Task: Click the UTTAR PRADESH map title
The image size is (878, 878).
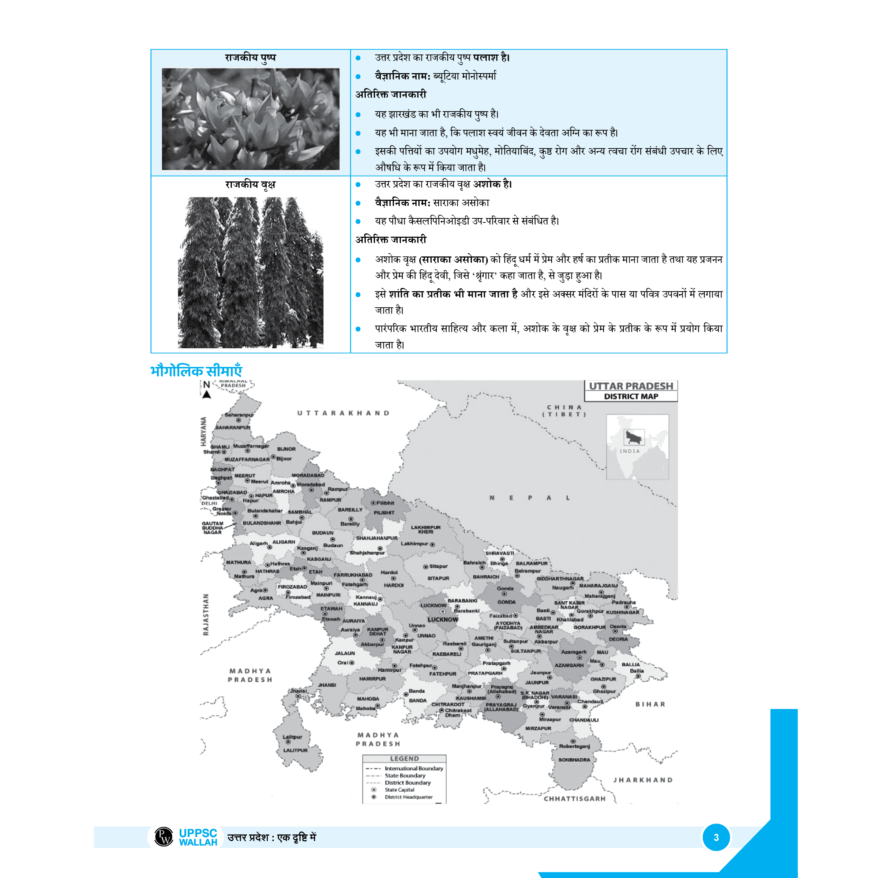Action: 631,386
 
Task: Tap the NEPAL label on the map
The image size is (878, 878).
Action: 529,498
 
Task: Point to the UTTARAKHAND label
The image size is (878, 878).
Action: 344,413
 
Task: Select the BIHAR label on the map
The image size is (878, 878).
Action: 650,704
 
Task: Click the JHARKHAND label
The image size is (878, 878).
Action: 643,780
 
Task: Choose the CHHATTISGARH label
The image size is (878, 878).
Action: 574,799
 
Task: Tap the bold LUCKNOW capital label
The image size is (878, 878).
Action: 443,619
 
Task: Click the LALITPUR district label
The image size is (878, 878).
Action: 295,750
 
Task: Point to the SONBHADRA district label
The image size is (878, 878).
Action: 574,760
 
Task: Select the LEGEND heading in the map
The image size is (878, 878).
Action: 404,758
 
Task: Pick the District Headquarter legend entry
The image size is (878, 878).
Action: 409,797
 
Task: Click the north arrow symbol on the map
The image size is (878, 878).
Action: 207,390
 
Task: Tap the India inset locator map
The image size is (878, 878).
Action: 637,447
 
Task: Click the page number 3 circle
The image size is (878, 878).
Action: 716,837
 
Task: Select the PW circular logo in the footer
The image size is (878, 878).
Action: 164,837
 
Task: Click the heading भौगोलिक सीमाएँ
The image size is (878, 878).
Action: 196,371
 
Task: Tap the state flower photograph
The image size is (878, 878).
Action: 250,119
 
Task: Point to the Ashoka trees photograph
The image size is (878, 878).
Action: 250,272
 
